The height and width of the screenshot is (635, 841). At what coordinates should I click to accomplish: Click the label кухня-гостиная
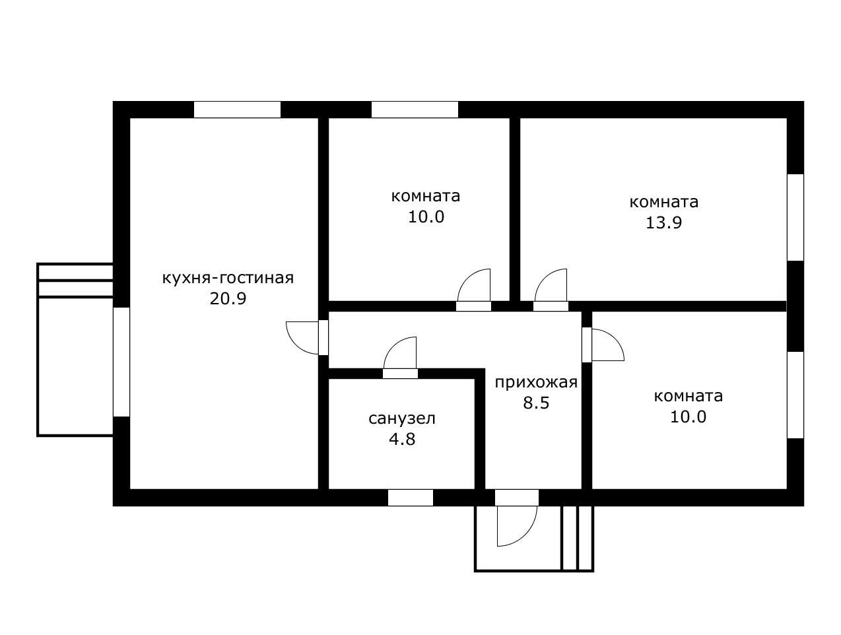click(x=228, y=278)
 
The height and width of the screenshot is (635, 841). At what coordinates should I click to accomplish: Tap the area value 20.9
click(x=228, y=299)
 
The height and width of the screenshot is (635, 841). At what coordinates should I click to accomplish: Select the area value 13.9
click(x=663, y=223)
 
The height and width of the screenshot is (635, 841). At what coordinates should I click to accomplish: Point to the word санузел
click(x=402, y=418)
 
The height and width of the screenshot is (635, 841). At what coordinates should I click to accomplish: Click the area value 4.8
click(x=402, y=440)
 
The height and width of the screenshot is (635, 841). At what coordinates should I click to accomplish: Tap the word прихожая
click(x=536, y=383)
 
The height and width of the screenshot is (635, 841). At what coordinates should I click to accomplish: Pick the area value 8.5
click(x=536, y=403)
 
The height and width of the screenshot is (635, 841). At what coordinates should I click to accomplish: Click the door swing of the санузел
click(x=400, y=352)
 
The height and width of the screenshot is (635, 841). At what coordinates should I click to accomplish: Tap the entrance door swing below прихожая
click(x=517, y=526)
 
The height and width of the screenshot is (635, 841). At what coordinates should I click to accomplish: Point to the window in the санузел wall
click(x=411, y=498)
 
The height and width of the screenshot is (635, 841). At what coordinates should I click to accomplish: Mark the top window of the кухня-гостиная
click(x=237, y=110)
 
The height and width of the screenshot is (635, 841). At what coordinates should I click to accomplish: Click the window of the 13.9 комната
click(x=795, y=218)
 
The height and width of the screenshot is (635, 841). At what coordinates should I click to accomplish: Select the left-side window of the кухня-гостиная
click(x=121, y=362)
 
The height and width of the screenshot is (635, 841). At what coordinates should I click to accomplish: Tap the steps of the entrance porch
click(x=577, y=538)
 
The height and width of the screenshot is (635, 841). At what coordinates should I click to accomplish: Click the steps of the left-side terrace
click(x=75, y=281)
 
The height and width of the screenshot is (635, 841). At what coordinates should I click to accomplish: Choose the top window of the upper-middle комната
click(x=415, y=110)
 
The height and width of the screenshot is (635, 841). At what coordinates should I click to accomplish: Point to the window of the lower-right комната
click(x=795, y=395)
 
